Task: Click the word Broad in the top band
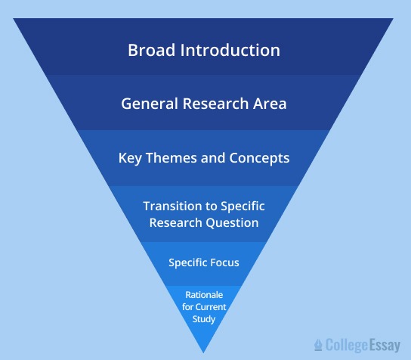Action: tap(151, 51)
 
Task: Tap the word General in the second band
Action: tap(148, 104)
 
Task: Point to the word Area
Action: tap(271, 104)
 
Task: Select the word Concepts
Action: tap(258, 158)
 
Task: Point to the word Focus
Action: tap(224, 262)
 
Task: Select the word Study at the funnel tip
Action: tap(204, 319)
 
